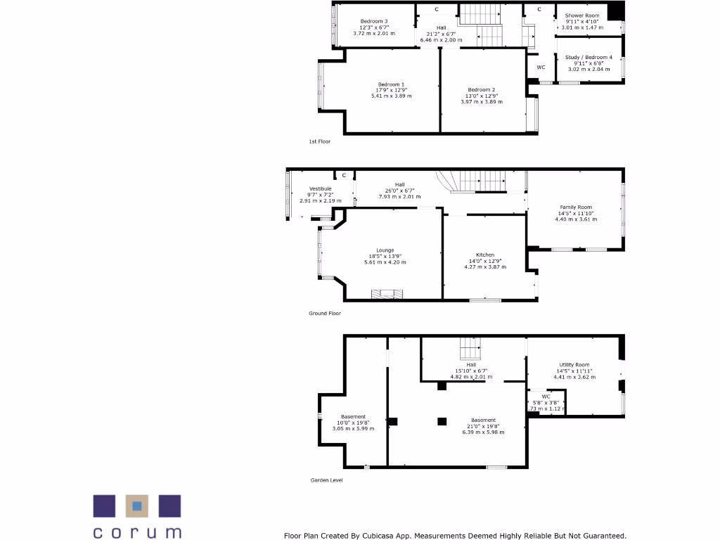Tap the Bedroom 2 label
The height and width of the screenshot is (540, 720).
[x=482, y=90]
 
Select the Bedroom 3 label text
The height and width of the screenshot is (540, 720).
[x=374, y=21]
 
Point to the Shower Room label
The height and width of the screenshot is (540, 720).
[x=582, y=15]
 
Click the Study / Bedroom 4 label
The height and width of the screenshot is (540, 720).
[x=589, y=57]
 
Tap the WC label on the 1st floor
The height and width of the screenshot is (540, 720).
[x=541, y=67]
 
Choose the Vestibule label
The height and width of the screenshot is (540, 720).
[x=320, y=188]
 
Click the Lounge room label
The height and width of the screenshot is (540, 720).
[x=385, y=250]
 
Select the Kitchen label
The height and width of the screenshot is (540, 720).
[x=485, y=255]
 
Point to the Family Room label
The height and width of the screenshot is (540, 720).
[x=575, y=207]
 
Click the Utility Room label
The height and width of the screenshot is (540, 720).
[x=574, y=365]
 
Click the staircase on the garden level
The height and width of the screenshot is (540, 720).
[x=470, y=349]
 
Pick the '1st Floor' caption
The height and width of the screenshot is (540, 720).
[x=319, y=141]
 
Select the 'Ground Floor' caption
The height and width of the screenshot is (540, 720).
[x=325, y=314]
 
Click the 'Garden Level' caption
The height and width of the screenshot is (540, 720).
[x=326, y=480]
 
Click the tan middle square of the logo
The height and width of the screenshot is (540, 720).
[x=137, y=506]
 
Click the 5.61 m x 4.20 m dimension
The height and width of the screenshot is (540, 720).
[x=385, y=262]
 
